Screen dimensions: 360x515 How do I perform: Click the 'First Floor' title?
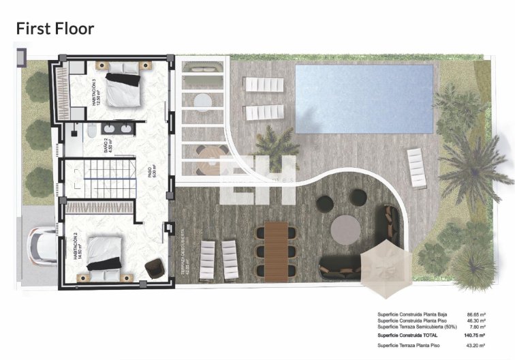pyautogui.click(x=54, y=28)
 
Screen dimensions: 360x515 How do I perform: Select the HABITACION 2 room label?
pyautogui.click(x=76, y=245)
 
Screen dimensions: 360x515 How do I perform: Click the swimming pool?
pyautogui.click(x=364, y=99)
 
